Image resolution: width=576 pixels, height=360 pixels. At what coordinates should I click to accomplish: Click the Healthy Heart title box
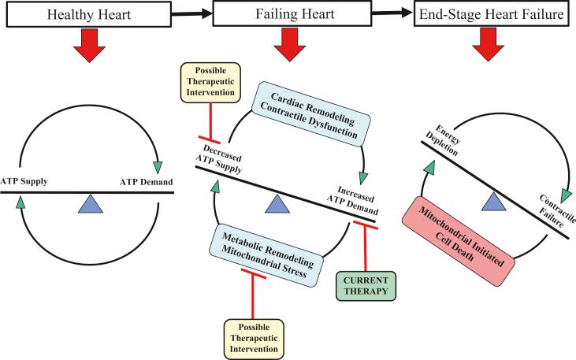[84, 14]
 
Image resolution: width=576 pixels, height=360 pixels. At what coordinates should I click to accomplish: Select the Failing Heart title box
[286, 14]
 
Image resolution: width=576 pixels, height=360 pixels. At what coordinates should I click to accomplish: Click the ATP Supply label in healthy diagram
[26, 181]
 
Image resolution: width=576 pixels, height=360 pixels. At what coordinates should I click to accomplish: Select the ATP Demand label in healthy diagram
[145, 181]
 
